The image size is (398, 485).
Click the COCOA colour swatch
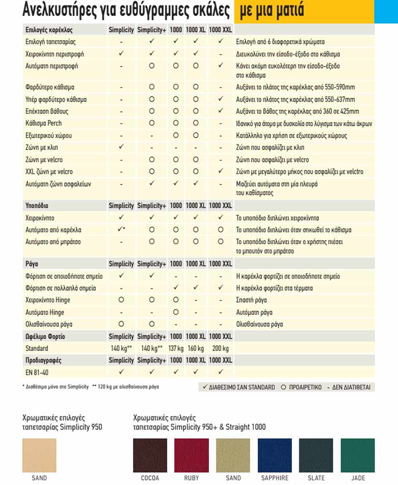(150, 456)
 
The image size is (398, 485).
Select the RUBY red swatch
(191, 456)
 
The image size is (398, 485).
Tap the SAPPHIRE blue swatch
(275, 456)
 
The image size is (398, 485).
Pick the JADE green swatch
(358, 456)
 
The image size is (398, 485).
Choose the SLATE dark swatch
(316, 456)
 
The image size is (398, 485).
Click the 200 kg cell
(220, 348)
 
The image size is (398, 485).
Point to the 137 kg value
(176, 348)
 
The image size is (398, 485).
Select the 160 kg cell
(195, 348)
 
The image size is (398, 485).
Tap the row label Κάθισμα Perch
(44, 124)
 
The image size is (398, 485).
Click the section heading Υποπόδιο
(37, 206)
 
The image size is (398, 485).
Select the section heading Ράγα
(32, 264)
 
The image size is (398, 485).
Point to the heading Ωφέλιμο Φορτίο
(45, 337)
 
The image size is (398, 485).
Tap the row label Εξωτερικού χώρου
(49, 136)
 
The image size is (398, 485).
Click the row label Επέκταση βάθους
(47, 111)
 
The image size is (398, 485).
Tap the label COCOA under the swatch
(150, 478)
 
